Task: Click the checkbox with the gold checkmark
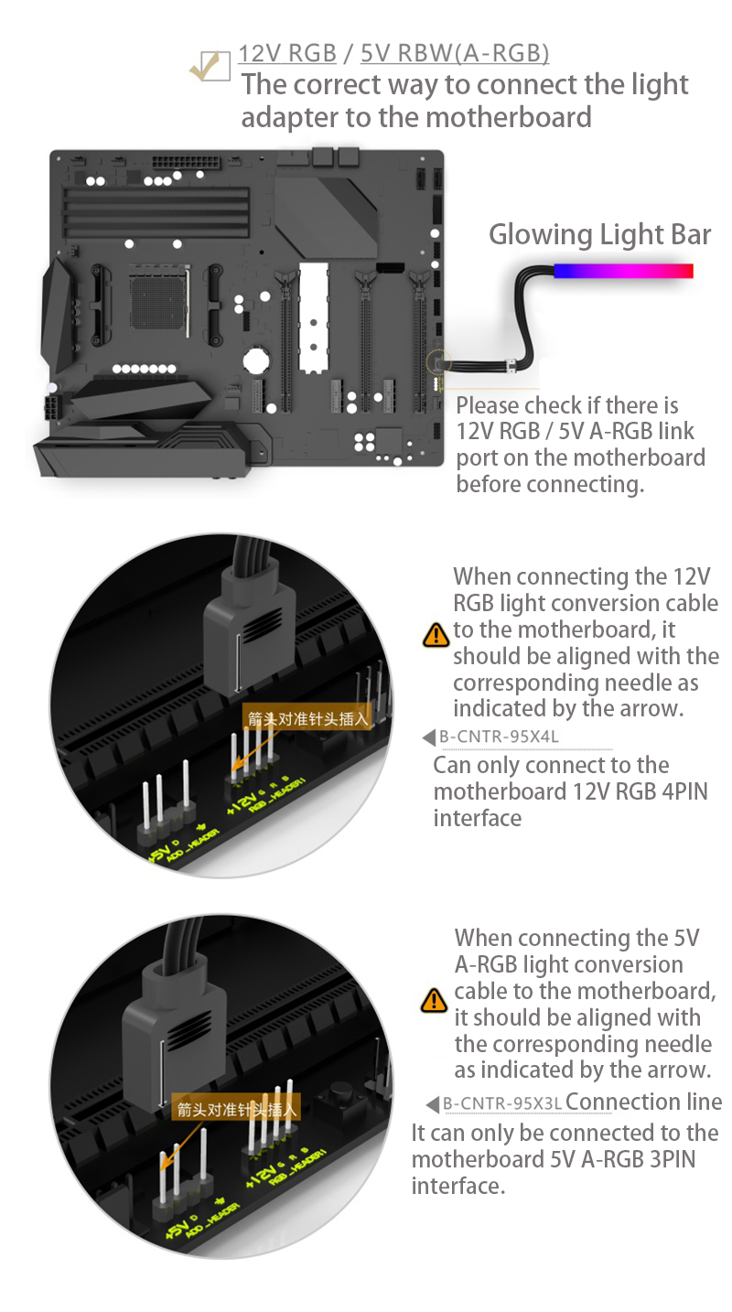point(210,67)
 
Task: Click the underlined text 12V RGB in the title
point(287,53)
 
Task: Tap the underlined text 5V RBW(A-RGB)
point(455,53)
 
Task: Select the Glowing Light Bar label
point(599,234)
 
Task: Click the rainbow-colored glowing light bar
point(623,271)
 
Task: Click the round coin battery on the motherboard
point(257,359)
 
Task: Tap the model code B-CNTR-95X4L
point(499,737)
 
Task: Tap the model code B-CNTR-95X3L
point(502,1103)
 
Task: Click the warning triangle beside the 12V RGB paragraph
point(436,634)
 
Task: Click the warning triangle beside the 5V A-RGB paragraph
point(434,1000)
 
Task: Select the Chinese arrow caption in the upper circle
point(307,718)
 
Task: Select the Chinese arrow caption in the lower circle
point(238,1110)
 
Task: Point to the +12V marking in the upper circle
point(240,802)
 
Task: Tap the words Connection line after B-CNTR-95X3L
point(644,1102)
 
